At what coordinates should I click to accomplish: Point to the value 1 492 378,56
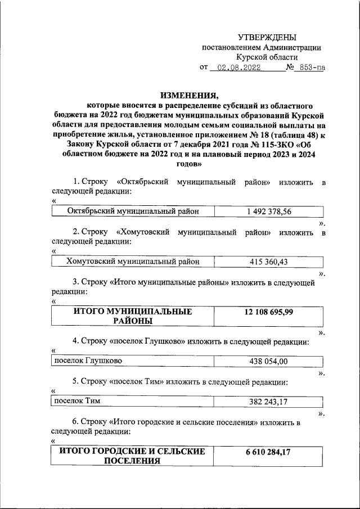(x=269, y=212)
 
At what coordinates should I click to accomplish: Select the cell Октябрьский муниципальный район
(x=132, y=212)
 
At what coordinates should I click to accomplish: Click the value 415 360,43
(x=269, y=262)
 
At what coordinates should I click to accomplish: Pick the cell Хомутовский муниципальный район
(x=132, y=262)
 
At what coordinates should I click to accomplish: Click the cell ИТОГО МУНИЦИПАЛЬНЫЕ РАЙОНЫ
(x=133, y=317)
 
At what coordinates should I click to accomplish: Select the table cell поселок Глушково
(x=87, y=360)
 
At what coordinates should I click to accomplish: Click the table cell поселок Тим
(x=73, y=401)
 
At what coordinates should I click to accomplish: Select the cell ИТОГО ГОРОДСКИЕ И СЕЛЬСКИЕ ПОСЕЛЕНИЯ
(x=133, y=457)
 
